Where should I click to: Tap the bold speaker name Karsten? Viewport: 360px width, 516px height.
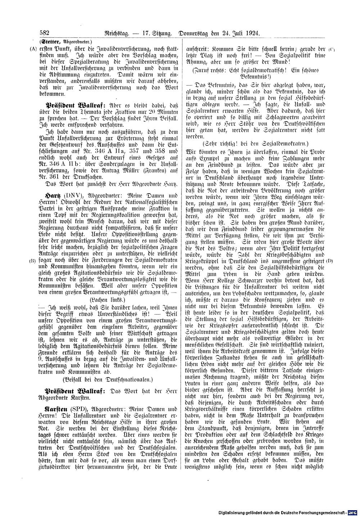coord(57,409)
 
